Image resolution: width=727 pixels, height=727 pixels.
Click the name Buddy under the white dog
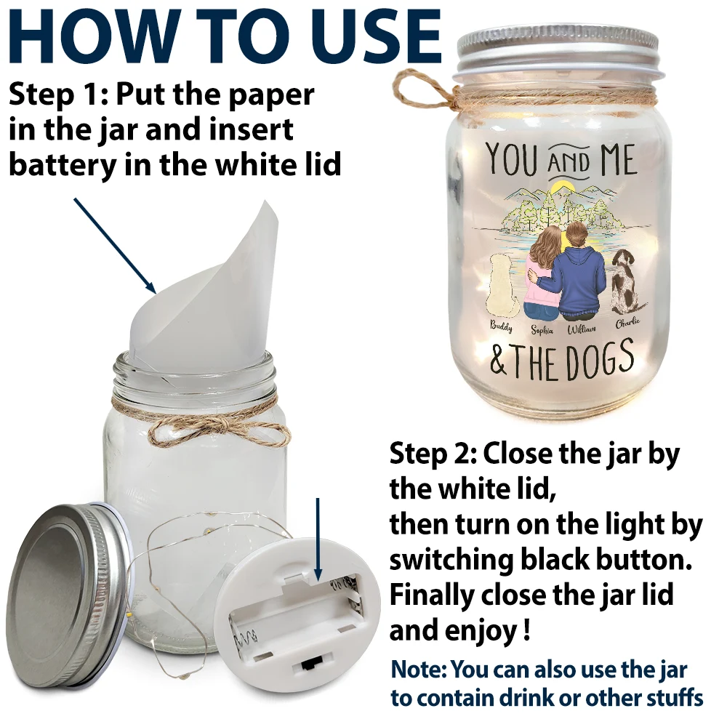(501, 326)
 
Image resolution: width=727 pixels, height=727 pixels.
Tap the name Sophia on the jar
(542, 329)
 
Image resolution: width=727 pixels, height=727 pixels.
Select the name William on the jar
(582, 329)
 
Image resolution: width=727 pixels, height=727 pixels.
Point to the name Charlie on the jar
(627, 324)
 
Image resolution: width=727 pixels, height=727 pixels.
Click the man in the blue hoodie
(580, 273)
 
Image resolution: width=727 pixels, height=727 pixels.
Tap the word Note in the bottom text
(417, 669)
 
